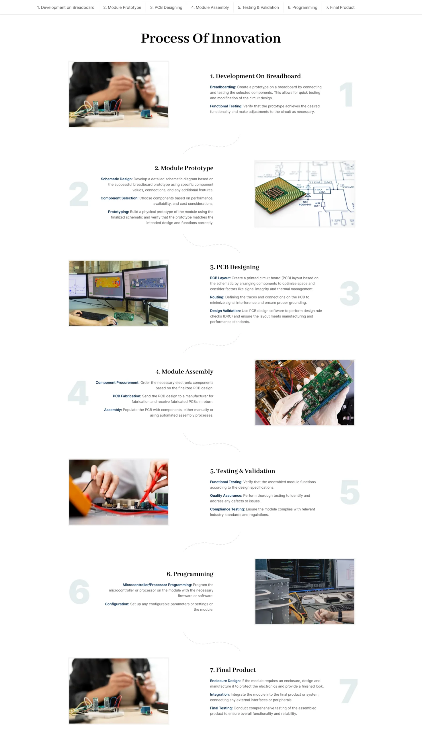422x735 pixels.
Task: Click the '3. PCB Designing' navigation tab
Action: click(166, 7)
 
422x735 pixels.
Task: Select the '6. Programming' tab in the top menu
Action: click(302, 7)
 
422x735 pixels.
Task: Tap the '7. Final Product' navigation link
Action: click(340, 7)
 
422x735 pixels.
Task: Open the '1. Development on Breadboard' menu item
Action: click(66, 7)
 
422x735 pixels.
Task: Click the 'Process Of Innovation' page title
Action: click(211, 38)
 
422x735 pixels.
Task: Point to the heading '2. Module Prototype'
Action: click(184, 168)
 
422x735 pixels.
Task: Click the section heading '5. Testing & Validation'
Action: click(243, 471)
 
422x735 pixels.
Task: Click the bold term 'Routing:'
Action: click(217, 297)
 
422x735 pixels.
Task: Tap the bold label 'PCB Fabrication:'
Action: click(127, 396)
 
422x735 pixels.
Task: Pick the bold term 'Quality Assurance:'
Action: click(226, 496)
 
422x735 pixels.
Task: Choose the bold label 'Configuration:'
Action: click(117, 604)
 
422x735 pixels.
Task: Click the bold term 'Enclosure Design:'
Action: click(225, 681)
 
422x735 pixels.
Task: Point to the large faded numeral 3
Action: click(350, 293)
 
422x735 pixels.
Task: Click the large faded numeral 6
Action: click(79, 592)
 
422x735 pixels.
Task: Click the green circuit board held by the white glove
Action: click(325, 389)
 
